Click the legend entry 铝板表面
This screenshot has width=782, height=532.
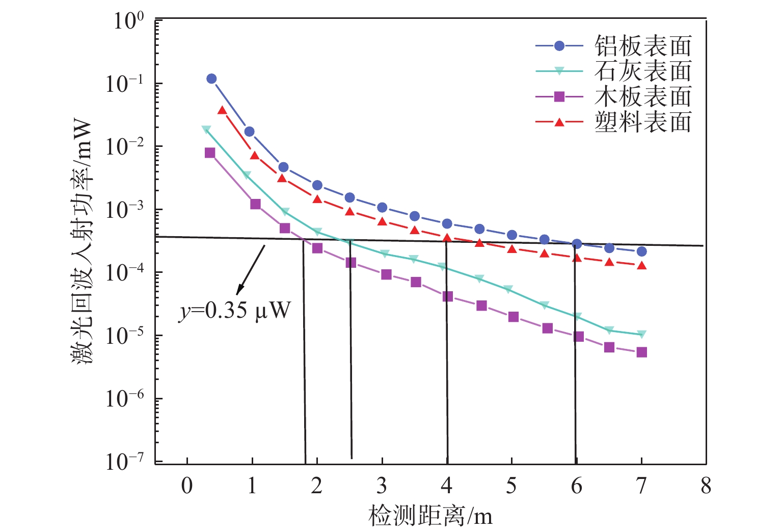point(643,46)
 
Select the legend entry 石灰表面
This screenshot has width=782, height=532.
point(643,71)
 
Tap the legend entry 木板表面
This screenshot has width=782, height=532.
point(643,96)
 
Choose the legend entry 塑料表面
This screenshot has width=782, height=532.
point(643,122)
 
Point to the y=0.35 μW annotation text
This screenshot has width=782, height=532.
point(234,310)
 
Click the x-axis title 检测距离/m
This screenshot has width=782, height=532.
point(430,516)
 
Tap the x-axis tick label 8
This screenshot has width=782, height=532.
point(706,486)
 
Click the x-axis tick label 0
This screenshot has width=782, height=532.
point(187,486)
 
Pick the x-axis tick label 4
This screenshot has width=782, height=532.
point(447,486)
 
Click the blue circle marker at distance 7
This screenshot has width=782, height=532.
point(641,251)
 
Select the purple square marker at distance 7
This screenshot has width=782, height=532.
point(641,352)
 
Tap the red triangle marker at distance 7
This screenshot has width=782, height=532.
point(642,266)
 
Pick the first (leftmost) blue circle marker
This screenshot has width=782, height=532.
point(211,79)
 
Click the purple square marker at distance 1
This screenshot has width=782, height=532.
point(255,204)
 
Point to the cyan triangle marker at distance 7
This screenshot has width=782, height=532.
point(641,335)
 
